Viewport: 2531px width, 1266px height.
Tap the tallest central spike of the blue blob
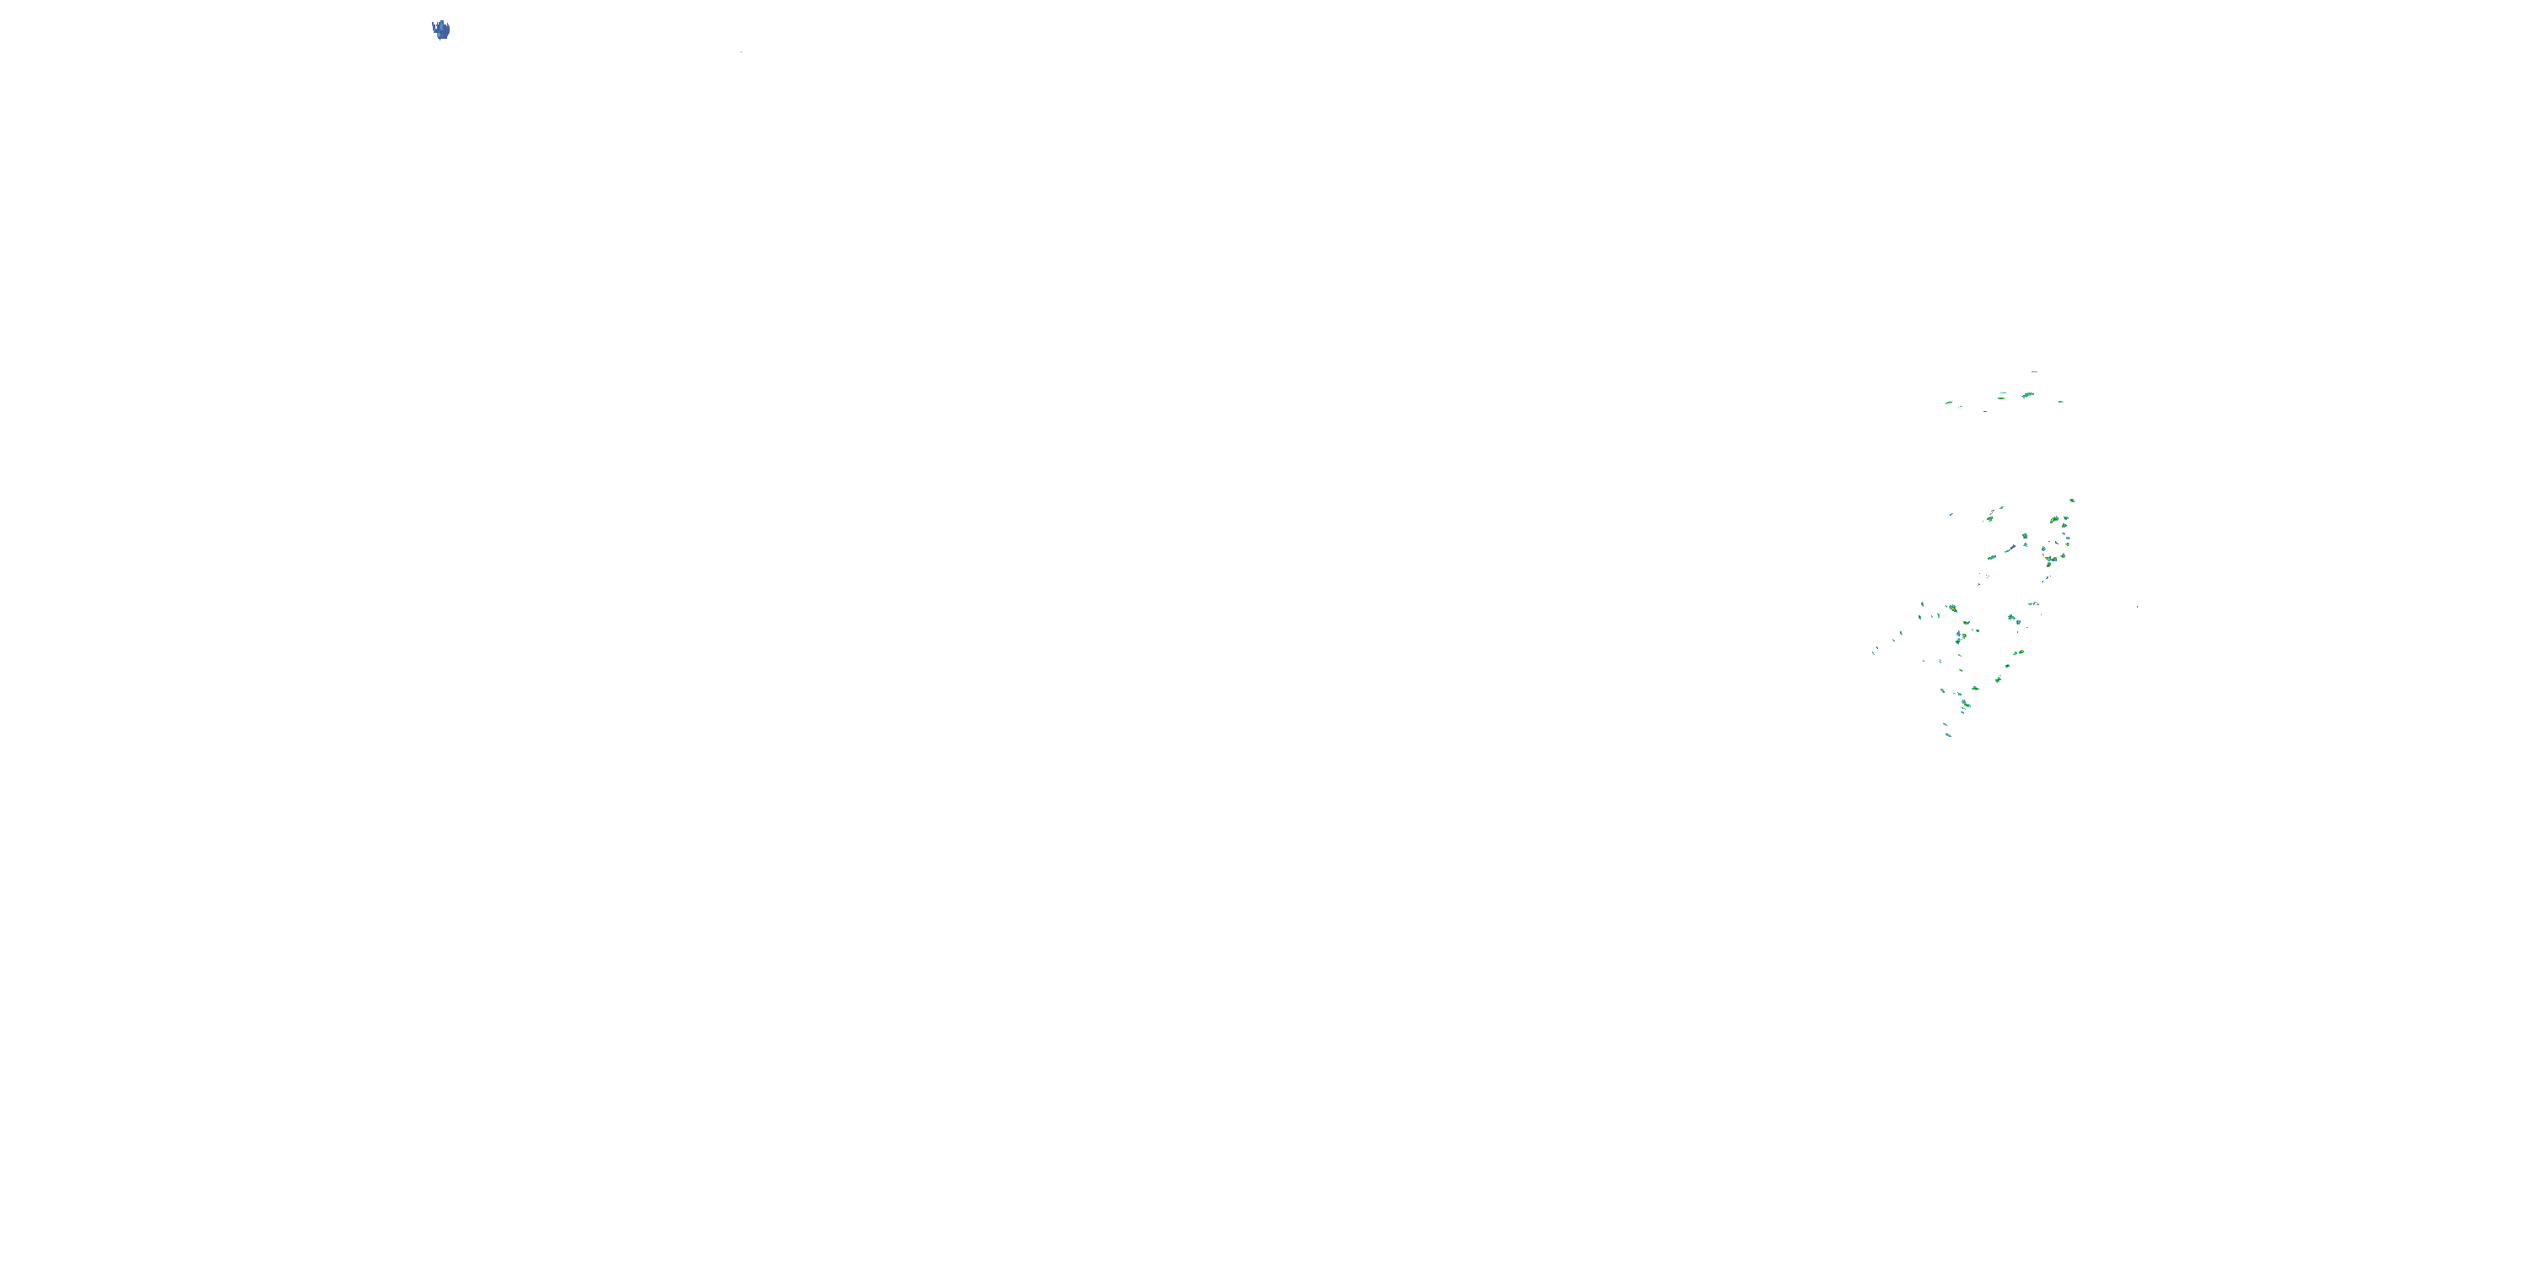442,22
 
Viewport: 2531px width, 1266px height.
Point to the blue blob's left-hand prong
434,24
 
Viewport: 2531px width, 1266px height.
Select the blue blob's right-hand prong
448,24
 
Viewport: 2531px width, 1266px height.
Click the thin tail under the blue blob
440,40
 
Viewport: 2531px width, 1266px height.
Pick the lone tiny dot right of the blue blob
742,52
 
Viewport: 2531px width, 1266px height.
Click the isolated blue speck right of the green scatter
2137,608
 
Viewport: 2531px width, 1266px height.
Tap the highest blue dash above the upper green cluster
2035,371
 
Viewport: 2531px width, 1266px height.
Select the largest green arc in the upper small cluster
2029,395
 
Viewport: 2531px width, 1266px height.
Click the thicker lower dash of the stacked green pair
2001,399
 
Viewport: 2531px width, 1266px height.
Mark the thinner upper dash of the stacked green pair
2004,393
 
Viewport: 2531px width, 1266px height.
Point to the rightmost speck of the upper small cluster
2061,402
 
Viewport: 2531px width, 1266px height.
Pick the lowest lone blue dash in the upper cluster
1986,412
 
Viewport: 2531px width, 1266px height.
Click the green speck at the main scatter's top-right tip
2072,501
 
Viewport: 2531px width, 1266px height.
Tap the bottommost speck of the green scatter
1948,735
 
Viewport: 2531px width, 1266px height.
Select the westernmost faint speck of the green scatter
1874,653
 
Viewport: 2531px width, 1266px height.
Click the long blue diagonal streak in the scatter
2011,549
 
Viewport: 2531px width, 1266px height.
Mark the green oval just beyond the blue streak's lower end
1992,558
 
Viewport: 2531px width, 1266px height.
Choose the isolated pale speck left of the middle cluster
1951,515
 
